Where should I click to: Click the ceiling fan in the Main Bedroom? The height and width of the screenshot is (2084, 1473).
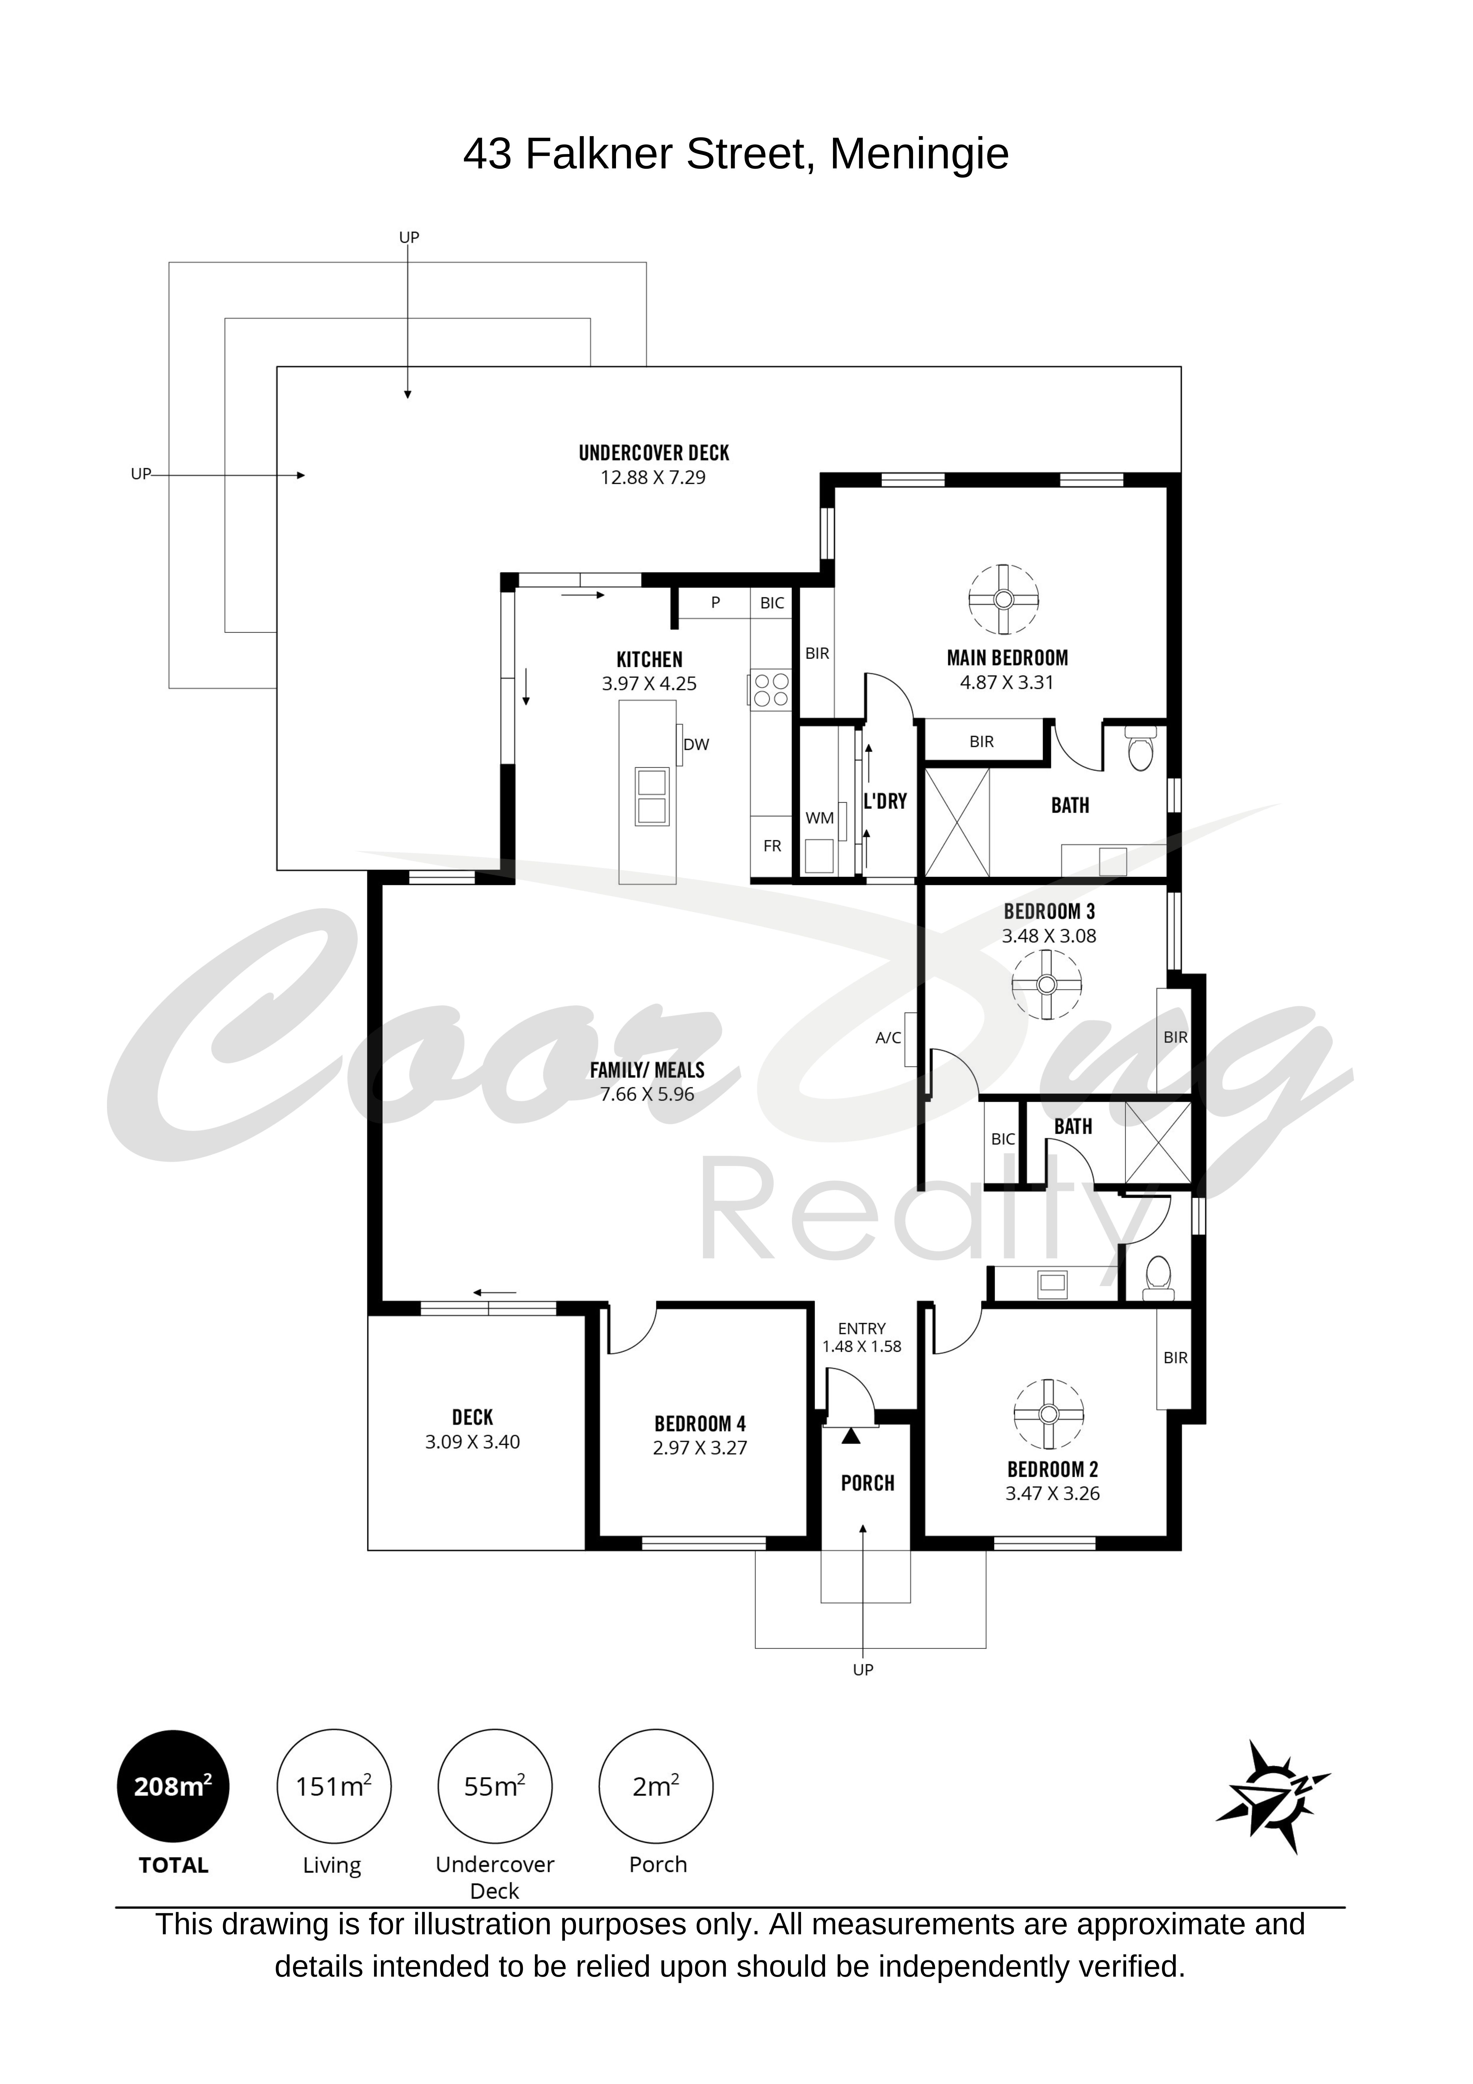tap(1004, 600)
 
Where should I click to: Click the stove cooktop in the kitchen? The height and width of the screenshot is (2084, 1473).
tap(771, 690)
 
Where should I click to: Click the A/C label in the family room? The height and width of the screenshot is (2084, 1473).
tap(889, 1037)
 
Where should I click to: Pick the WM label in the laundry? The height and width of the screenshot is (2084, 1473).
tap(820, 818)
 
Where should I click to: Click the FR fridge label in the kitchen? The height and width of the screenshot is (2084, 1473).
tap(772, 846)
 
